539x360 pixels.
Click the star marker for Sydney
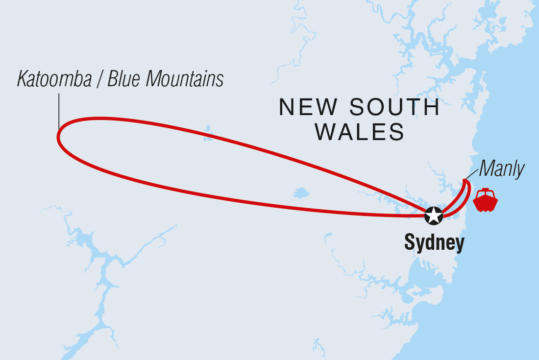434,215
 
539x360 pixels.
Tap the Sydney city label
434,243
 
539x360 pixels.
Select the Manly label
501,169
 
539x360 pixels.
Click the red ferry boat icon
485,200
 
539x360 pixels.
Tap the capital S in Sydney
409,242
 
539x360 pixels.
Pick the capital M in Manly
486,169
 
